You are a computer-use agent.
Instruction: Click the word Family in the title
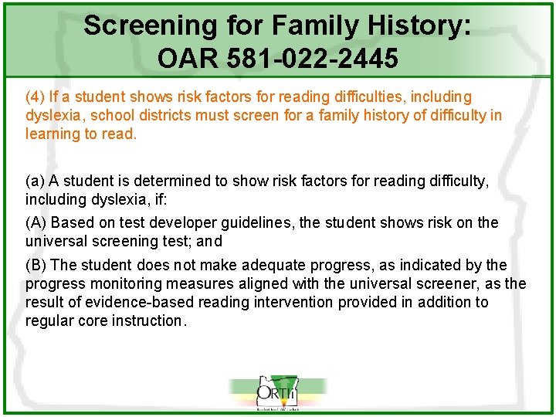(x=305, y=25)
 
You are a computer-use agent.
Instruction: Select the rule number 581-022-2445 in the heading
(x=312, y=58)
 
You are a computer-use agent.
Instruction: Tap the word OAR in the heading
(x=186, y=58)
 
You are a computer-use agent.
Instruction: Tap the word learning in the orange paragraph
(x=52, y=134)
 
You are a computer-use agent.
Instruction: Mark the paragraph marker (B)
(x=36, y=266)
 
